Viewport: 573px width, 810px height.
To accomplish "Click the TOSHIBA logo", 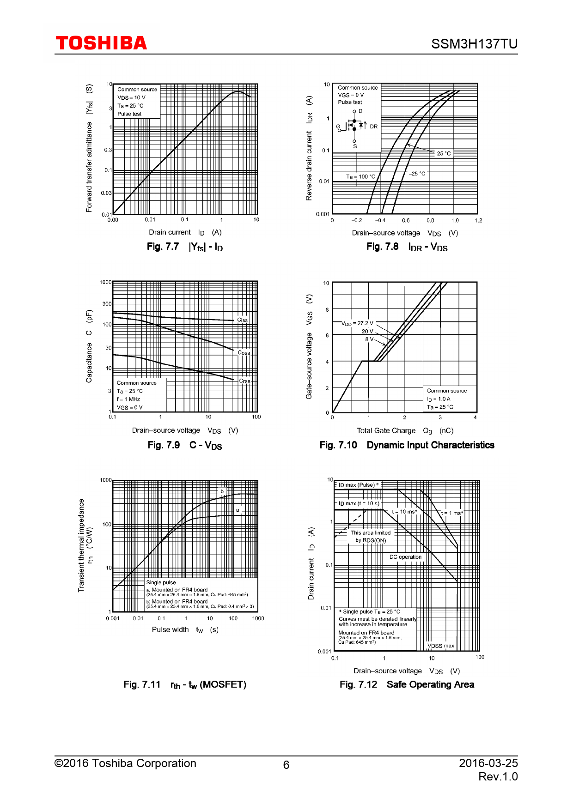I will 101,43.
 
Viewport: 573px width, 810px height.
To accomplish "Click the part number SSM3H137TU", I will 474,44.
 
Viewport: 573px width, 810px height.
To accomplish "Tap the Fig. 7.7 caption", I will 185,247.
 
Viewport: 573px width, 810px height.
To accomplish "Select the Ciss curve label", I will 242,320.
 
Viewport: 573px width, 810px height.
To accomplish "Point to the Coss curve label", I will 244,353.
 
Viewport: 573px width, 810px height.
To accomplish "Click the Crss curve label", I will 244,381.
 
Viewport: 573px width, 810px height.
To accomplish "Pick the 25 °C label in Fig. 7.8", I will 444,153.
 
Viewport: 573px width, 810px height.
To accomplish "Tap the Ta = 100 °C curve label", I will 361,176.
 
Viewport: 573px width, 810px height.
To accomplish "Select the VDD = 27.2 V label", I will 357,323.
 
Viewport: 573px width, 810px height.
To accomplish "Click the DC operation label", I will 405,557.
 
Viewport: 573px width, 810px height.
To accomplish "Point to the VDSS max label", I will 440,646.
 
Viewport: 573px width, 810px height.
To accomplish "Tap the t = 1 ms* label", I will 452,513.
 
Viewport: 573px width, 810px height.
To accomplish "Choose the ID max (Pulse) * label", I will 358,485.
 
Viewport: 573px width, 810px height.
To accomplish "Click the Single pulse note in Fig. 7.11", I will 161,582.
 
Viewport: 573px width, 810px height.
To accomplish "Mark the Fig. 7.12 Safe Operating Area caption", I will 407,684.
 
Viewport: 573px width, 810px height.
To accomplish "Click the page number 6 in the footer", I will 286,765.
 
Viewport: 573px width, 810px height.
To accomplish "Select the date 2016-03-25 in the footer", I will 488,763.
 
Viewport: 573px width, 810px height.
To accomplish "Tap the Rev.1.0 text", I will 498,777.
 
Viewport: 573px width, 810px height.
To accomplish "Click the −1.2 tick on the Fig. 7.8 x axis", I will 477,221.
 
